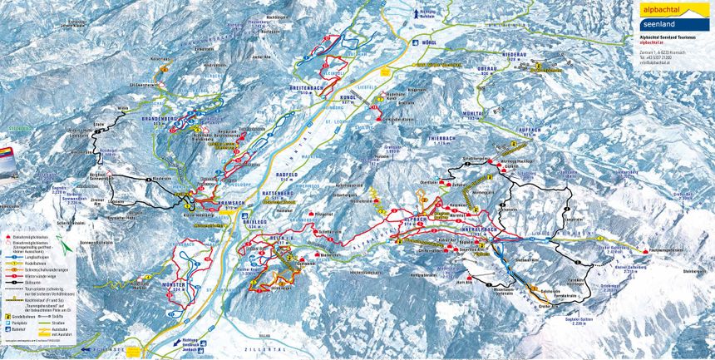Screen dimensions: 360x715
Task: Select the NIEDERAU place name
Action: [515, 58]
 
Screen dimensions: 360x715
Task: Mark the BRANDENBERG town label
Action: [174, 121]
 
